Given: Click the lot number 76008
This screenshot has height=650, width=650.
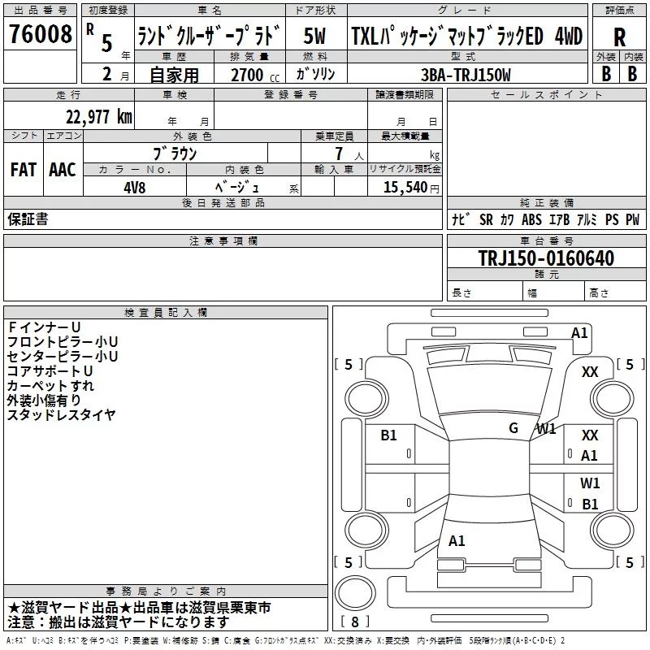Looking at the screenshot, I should (x=39, y=35).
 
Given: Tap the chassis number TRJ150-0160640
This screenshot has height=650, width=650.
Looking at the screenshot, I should (x=545, y=258).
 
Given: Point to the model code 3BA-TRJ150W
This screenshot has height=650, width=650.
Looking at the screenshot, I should (x=467, y=75).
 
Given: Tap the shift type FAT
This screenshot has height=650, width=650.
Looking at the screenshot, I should (x=23, y=170).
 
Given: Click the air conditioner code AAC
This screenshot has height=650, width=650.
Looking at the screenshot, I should (x=63, y=170).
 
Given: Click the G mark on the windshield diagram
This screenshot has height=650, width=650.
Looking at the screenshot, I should (x=513, y=428).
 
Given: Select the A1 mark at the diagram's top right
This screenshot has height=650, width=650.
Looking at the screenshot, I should (x=579, y=332).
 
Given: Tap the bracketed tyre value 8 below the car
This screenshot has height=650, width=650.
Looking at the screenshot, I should (x=354, y=622).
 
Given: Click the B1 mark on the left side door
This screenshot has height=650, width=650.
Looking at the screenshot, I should (x=389, y=435).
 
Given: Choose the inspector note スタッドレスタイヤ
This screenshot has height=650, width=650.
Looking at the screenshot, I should (x=61, y=415).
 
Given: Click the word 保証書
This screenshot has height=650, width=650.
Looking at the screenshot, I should (x=28, y=219).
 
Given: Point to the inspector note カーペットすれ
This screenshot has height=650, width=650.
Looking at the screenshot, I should (x=50, y=386).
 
